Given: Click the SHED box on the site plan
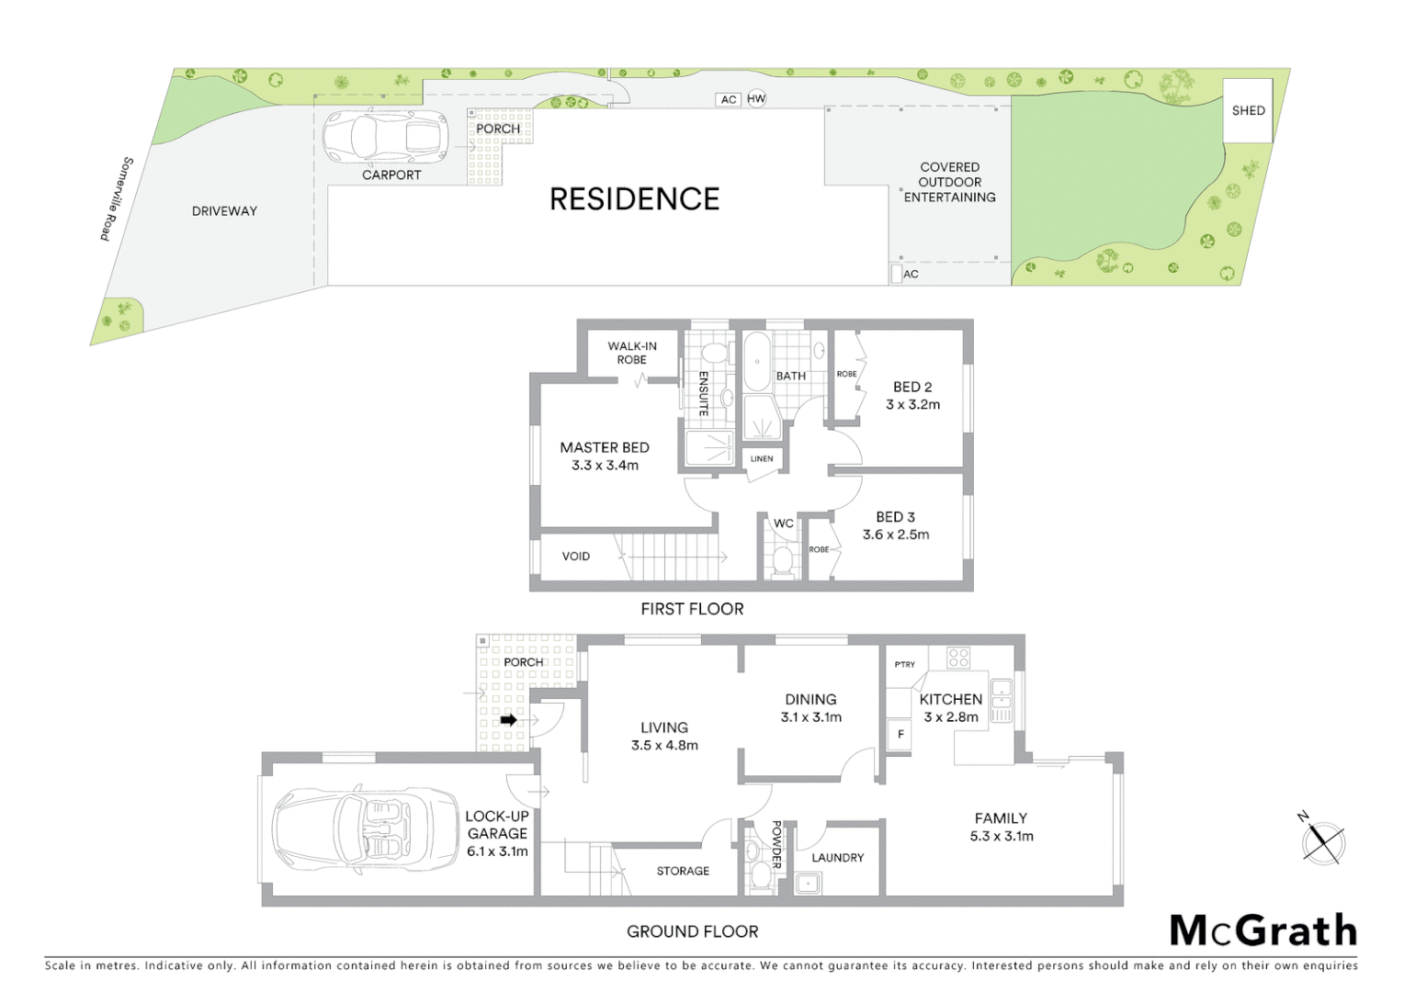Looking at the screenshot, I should click(1247, 110).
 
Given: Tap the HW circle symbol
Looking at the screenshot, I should click(756, 99).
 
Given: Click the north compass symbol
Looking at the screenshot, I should click(1323, 841).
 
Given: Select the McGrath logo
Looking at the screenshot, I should click(1262, 930).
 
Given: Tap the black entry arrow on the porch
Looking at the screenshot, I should click(508, 720).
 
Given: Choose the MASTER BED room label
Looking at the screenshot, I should click(605, 447).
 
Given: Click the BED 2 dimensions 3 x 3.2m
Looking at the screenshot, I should click(912, 404).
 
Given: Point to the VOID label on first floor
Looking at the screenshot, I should click(576, 556).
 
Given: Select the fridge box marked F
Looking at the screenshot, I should click(900, 735).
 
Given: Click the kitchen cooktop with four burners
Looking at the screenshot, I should click(958, 658).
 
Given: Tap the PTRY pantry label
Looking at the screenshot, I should click(904, 664).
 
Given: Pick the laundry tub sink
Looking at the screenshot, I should click(809, 884).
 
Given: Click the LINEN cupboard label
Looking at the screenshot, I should click(762, 458).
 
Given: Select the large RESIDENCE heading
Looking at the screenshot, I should click(634, 198).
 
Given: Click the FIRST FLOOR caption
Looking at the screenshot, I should click(692, 608).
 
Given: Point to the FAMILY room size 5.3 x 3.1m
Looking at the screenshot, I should click(1002, 836).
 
